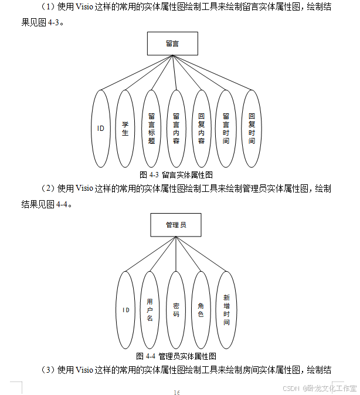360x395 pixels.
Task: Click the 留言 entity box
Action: [172, 43]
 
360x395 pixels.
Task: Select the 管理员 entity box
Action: [175, 225]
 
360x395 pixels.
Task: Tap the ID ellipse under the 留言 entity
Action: [101, 129]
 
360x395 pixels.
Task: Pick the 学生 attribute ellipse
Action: [125, 129]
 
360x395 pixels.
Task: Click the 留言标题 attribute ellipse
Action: [151, 129]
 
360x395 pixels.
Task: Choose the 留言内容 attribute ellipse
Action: [176, 129]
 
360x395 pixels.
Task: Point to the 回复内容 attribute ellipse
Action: [201, 129]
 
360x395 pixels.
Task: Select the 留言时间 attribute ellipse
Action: [226, 129]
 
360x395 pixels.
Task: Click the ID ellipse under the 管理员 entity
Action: [125, 310]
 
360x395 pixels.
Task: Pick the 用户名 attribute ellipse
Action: [150, 310]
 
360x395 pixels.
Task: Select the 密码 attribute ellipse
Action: [176, 310]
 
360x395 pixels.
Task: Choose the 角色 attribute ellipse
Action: [201, 310]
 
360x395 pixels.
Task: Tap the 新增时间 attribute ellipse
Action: [226, 310]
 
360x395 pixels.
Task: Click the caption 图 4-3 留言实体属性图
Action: [176, 175]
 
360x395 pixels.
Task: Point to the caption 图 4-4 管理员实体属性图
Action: [176, 356]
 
